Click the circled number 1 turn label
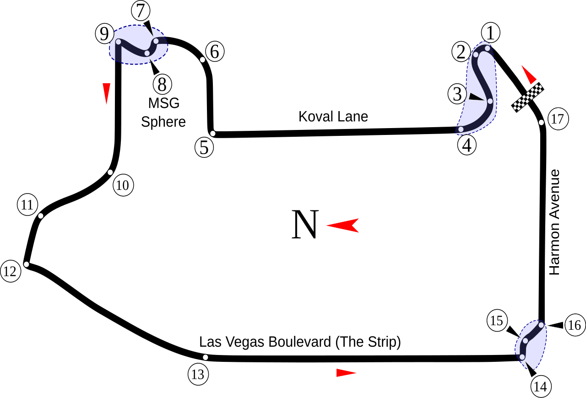point(490,33)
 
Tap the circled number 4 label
point(467,145)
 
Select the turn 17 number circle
point(557,119)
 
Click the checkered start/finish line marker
point(527,97)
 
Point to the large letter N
point(305,225)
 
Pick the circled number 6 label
point(215,52)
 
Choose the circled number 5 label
point(204,147)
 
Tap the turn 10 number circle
point(123,186)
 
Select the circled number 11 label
point(27,204)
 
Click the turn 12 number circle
point(10,272)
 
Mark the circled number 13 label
point(198,375)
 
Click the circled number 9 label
point(105,34)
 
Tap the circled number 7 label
point(141,11)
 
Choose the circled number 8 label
point(162,85)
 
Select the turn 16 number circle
point(575,325)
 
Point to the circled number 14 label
point(540,387)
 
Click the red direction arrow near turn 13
point(346,373)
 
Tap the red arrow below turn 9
point(107,93)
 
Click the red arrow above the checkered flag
point(529,75)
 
